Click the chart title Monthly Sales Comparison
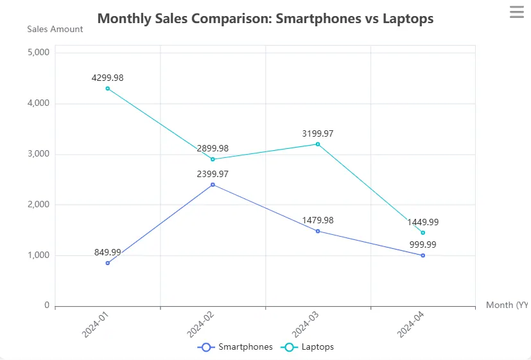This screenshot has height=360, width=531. tap(265, 19)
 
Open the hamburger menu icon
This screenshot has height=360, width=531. tap(517, 12)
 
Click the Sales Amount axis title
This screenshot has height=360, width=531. tap(55, 30)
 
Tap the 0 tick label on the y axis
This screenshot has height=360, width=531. tap(46, 305)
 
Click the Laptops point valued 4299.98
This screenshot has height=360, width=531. tap(108, 89)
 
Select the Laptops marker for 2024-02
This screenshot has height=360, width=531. tap(213, 159)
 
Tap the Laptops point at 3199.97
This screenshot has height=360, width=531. tap(318, 144)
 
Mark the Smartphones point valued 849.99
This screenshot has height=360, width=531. tap(108, 263)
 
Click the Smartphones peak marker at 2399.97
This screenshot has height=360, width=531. tap(213, 185)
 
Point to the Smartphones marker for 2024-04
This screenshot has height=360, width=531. tap(422, 255)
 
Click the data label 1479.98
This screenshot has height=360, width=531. tap(318, 220)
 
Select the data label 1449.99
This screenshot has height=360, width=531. tap(422, 222)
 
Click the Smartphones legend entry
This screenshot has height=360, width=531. tap(235, 347)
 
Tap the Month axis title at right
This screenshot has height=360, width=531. tap(507, 305)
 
